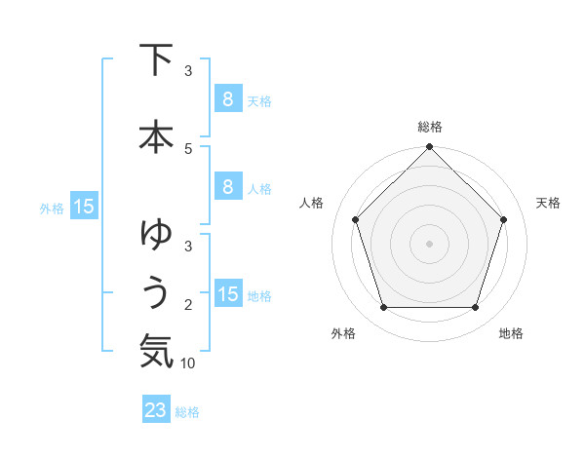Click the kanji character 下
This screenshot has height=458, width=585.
(156, 60)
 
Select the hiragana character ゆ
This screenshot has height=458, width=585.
(156, 235)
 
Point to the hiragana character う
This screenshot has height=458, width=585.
(156, 291)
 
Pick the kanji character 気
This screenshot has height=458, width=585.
(156, 350)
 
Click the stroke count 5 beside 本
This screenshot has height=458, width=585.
(188, 148)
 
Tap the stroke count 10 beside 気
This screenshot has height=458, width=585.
(188, 363)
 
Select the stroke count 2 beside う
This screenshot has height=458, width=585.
(188, 305)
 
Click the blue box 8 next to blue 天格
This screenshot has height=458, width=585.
(227, 98)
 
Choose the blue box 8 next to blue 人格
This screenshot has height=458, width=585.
(227, 187)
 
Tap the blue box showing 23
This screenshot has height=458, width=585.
(156, 410)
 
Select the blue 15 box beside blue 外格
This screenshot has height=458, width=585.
(83, 207)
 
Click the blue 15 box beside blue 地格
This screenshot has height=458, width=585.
(228, 294)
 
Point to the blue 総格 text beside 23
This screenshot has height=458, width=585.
(187, 412)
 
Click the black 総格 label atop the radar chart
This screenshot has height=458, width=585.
(430, 128)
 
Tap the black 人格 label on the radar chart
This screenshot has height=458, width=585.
(312, 203)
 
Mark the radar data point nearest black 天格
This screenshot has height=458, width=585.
(503, 219)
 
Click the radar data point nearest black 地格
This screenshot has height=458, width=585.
(475, 307)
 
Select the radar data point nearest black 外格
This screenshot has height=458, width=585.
(383, 307)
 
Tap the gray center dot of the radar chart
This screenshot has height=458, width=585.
(429, 243)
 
